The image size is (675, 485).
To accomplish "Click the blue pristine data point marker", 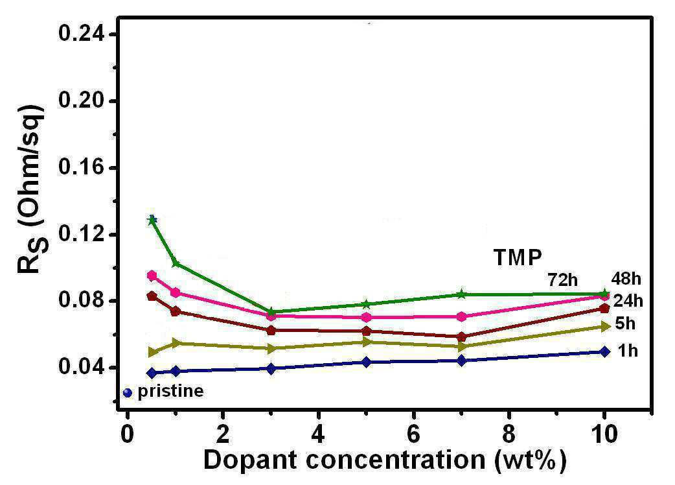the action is [127, 393].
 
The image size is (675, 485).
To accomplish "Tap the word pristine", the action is [170, 391].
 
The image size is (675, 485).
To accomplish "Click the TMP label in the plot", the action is [518, 257].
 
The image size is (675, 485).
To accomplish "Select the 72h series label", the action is [563, 280].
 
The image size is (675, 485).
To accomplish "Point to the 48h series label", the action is [626, 279].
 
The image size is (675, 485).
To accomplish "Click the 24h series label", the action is [628, 301].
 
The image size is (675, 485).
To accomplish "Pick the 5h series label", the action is [626, 323].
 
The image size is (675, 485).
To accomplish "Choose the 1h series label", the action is [628, 351].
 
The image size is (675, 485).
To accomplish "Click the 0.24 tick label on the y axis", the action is [82, 34].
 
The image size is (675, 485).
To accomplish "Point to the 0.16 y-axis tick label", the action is [82, 167].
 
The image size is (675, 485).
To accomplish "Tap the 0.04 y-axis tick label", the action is [82, 368].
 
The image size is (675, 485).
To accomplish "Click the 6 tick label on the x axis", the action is [413, 434].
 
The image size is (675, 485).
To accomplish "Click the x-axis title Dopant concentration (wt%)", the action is [384, 460].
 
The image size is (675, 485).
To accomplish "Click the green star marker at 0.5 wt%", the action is [152, 220].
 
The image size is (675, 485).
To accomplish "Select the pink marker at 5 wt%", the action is [367, 318].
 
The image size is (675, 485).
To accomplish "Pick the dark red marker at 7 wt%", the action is [461, 337].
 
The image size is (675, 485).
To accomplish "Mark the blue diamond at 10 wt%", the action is [605, 351].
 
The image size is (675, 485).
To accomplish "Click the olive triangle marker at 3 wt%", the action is [271, 348].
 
